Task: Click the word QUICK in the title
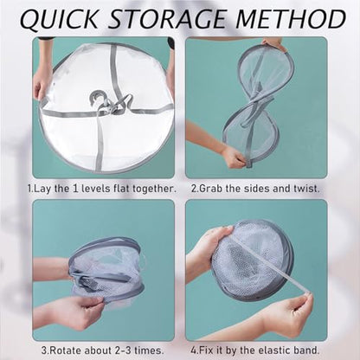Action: coord(60,19)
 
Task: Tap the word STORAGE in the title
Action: coord(167,19)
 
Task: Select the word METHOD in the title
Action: coord(291,19)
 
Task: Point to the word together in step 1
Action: coord(154,190)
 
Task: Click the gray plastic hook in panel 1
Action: coord(97,99)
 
